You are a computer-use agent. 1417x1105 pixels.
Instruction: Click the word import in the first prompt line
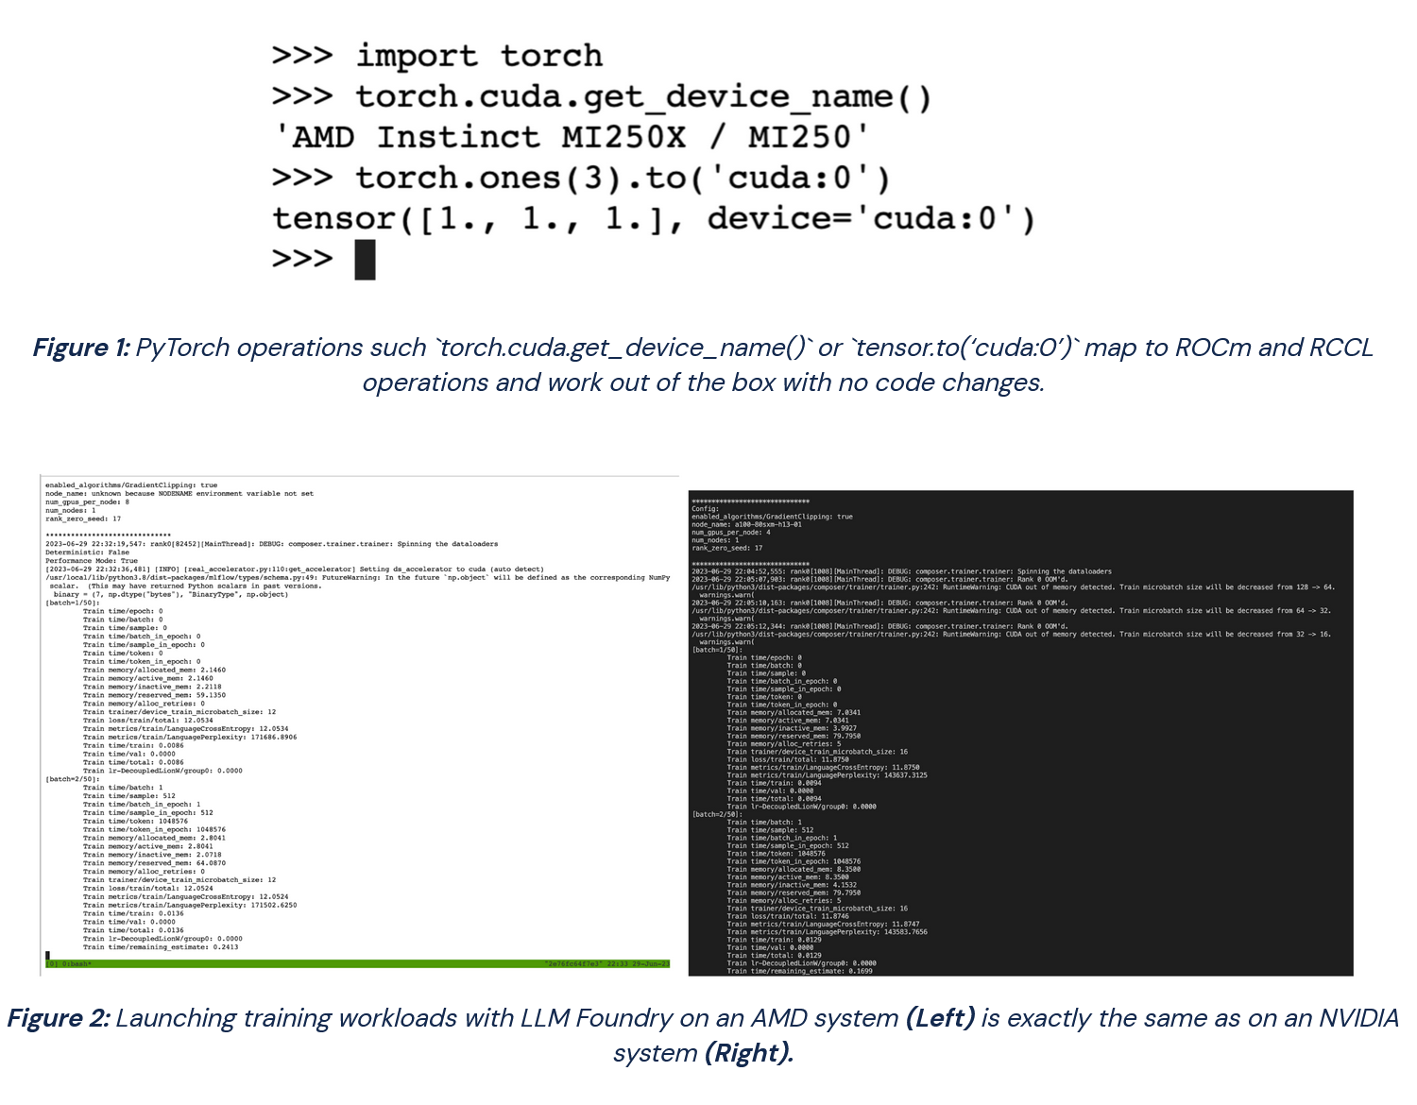[417, 57]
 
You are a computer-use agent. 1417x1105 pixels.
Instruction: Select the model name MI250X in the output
[623, 138]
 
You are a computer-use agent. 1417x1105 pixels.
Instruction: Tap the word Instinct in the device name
[458, 138]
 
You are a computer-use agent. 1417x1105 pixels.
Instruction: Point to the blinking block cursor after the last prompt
[365, 260]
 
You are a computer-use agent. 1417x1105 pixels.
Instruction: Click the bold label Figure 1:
[81, 348]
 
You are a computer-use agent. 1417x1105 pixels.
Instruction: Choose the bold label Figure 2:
[59, 1019]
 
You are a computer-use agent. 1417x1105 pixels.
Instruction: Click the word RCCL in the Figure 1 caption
[1340, 348]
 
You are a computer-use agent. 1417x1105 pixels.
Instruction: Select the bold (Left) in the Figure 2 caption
[940, 1019]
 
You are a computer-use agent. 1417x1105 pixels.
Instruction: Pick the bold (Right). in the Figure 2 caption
[749, 1053]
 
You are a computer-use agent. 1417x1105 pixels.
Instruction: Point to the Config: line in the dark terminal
[706, 509]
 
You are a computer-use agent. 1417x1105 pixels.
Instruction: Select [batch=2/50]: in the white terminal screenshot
[72, 779]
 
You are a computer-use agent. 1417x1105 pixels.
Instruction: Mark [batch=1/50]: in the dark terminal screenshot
[717, 650]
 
